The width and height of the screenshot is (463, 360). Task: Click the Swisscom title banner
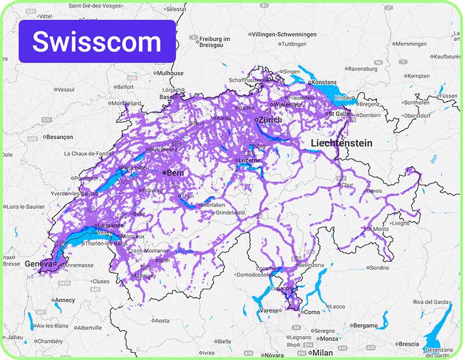(x=97, y=41)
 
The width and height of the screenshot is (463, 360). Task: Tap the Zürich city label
(x=270, y=120)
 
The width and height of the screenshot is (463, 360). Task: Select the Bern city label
(x=175, y=172)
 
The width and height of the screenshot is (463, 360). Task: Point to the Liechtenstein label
(x=341, y=142)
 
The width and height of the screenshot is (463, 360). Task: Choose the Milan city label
(x=322, y=352)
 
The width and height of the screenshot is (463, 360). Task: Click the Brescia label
(x=409, y=344)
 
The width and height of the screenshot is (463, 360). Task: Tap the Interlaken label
(x=213, y=205)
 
